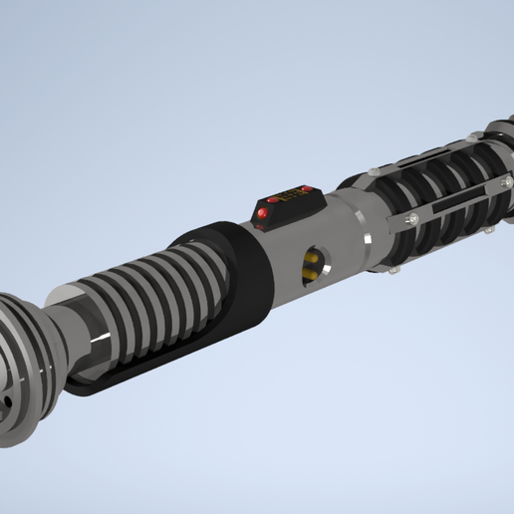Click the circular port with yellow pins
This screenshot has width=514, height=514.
pos(313,261)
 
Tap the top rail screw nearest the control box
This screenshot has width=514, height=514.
pos(372,172)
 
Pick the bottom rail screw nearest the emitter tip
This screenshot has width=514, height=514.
pos(489,229)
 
